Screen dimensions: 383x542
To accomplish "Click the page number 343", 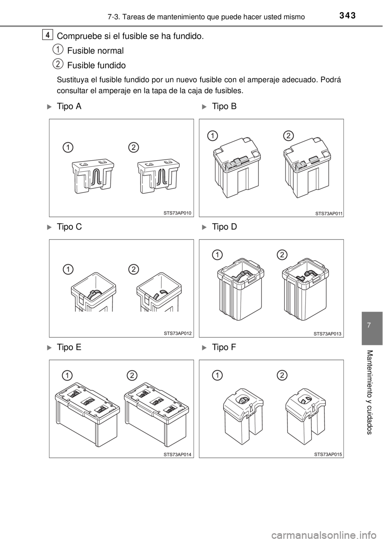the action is coord(347,16).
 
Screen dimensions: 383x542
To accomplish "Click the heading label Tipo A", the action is coord(69,106).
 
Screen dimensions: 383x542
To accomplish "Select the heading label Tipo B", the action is coord(224,106).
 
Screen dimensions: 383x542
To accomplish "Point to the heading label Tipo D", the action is coord(224,227).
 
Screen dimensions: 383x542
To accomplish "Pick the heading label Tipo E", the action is coord(69,347).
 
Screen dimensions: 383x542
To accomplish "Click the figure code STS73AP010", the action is coord(178,213).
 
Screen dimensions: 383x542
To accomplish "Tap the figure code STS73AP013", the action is coord(328,334).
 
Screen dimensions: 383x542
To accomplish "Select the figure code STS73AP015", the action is coord(328,454).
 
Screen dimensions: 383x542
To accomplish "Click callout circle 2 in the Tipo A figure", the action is coord(134,147).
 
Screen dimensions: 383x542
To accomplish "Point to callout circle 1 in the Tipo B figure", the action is coord(213,136).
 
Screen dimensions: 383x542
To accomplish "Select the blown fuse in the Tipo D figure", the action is coord(306,289).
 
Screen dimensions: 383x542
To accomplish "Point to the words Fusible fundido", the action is coord(97,65).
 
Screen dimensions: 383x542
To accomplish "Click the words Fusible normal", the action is coord(95,51).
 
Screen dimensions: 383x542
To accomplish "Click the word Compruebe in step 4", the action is coord(77,36).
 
